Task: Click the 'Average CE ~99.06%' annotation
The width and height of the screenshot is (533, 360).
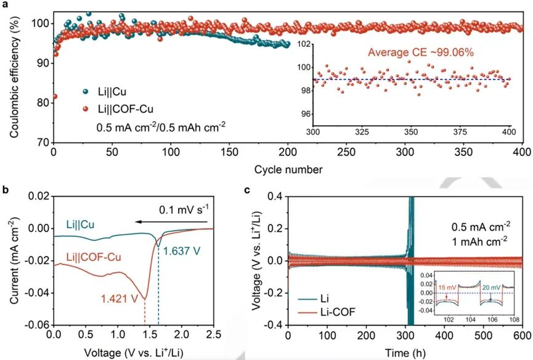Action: click(x=421, y=52)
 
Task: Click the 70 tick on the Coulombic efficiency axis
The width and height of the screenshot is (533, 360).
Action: click(x=44, y=142)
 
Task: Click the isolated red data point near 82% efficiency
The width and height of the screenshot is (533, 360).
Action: click(x=55, y=96)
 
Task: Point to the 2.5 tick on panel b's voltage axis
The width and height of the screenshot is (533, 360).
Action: click(x=213, y=334)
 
